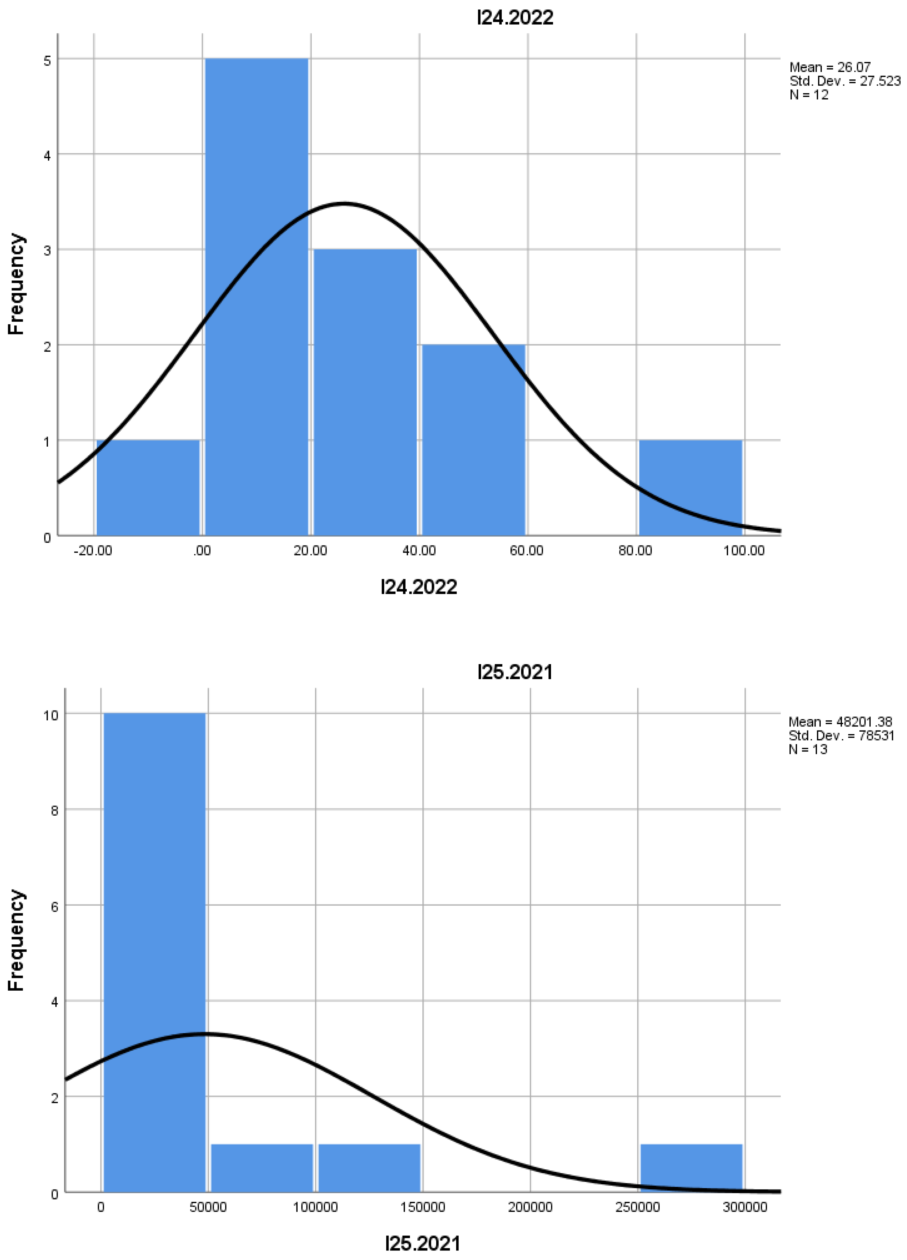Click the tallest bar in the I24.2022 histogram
[x=257, y=297]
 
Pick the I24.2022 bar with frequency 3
[x=365, y=392]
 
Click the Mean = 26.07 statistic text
[x=830, y=67]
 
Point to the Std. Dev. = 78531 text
[x=841, y=736]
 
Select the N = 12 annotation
[x=809, y=95]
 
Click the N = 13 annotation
[x=808, y=750]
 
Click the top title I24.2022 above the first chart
[x=515, y=18]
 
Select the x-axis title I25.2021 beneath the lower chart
[x=423, y=1243]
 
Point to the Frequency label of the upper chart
[x=17, y=283]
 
